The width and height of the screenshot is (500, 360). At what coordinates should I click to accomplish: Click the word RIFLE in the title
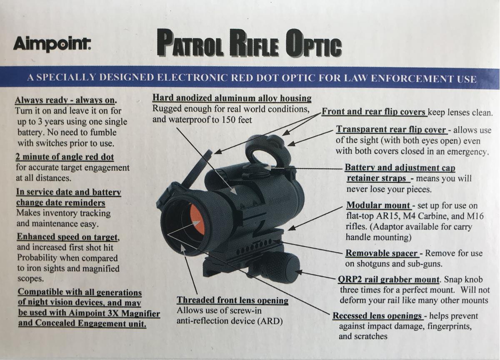(x=255, y=43)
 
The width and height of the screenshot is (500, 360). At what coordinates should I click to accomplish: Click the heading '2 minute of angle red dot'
(x=65, y=157)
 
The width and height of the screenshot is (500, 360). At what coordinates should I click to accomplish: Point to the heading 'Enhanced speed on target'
(x=67, y=237)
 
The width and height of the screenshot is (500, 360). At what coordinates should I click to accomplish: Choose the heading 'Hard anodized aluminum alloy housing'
(x=232, y=98)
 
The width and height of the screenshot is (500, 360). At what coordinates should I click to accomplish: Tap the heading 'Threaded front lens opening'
(x=232, y=300)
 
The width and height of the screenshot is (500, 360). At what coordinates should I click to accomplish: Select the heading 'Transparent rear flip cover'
(x=391, y=130)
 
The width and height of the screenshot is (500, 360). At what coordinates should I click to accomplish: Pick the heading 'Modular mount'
(x=378, y=205)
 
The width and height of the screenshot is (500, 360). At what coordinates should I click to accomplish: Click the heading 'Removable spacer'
(x=382, y=253)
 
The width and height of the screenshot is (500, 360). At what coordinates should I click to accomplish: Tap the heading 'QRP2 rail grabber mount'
(x=389, y=279)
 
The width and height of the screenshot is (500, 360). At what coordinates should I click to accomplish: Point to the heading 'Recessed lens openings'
(x=377, y=315)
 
